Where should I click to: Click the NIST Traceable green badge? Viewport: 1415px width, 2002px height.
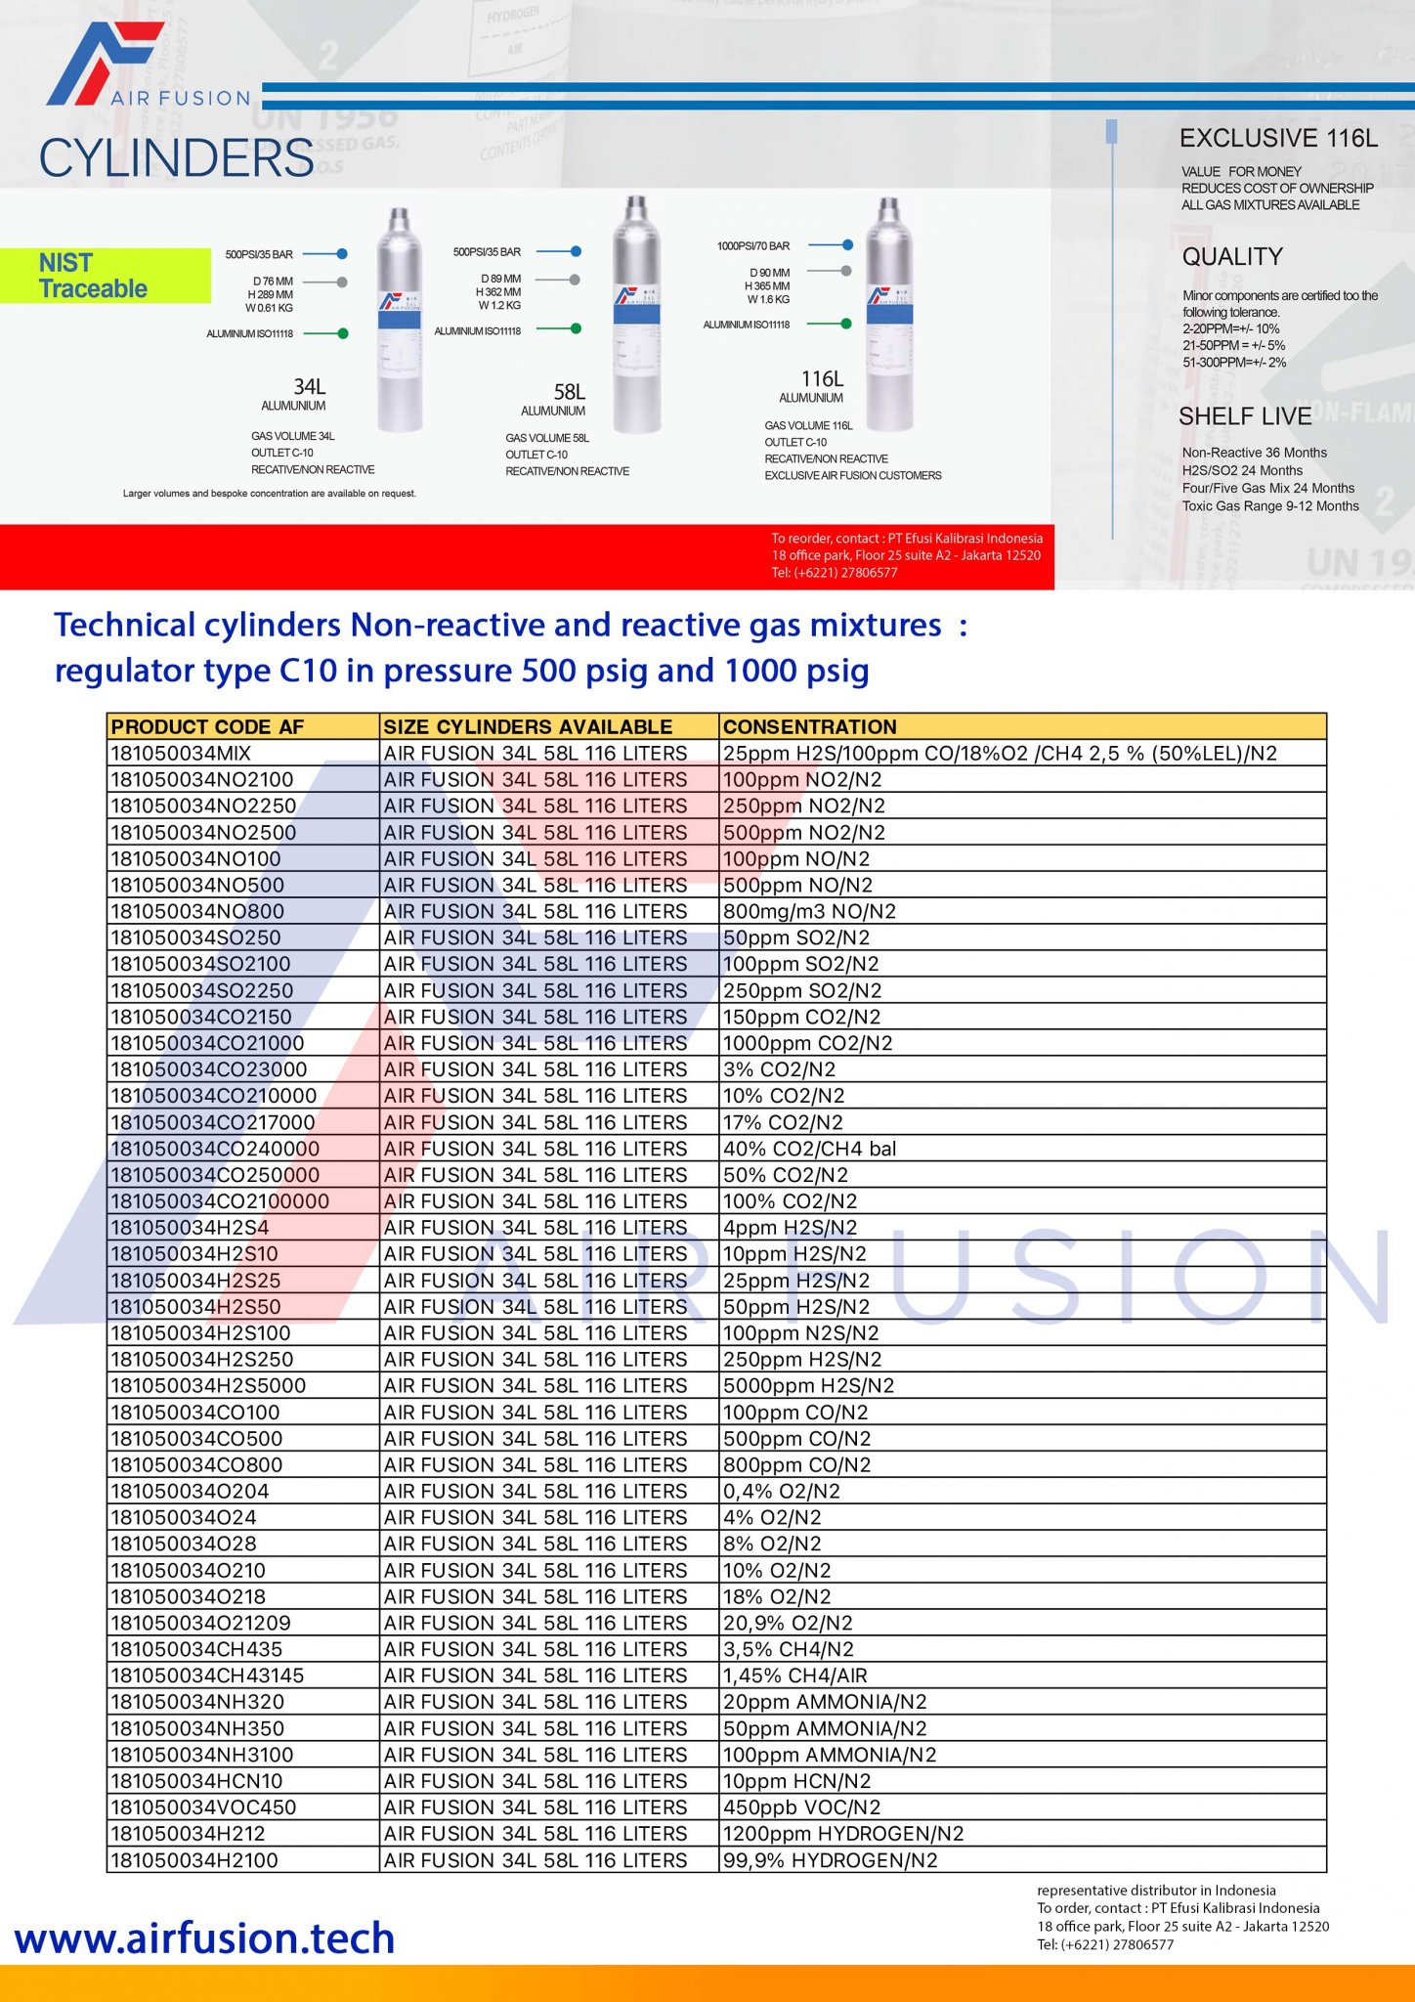pos(105,276)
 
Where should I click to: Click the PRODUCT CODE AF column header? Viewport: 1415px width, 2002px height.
pos(207,726)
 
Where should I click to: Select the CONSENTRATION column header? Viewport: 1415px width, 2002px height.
pos(809,726)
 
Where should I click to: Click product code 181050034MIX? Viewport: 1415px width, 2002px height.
pos(181,754)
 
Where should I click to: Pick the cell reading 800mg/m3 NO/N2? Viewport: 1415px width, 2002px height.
pos(809,911)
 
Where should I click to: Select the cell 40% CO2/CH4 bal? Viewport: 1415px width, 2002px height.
pos(809,1149)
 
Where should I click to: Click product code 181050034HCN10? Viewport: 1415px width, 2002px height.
pos(196,1781)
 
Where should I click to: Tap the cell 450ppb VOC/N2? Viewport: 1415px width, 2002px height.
pos(801,1807)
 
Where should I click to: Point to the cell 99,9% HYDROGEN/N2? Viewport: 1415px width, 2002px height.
pos(830,1860)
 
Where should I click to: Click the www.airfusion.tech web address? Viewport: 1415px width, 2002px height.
pos(204,1938)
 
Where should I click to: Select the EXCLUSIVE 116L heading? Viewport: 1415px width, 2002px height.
pos(1278,139)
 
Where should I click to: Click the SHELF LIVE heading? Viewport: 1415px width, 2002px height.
pos(1244,416)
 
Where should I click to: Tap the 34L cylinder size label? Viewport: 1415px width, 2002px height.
pos(309,388)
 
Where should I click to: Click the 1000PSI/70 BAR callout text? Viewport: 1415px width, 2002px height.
pos(753,246)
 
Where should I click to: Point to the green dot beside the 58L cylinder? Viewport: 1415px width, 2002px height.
pos(576,328)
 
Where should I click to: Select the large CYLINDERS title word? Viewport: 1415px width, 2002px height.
pos(176,158)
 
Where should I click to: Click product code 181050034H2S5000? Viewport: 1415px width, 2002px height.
pos(208,1386)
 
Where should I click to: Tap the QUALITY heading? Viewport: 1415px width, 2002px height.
pos(1232,257)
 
